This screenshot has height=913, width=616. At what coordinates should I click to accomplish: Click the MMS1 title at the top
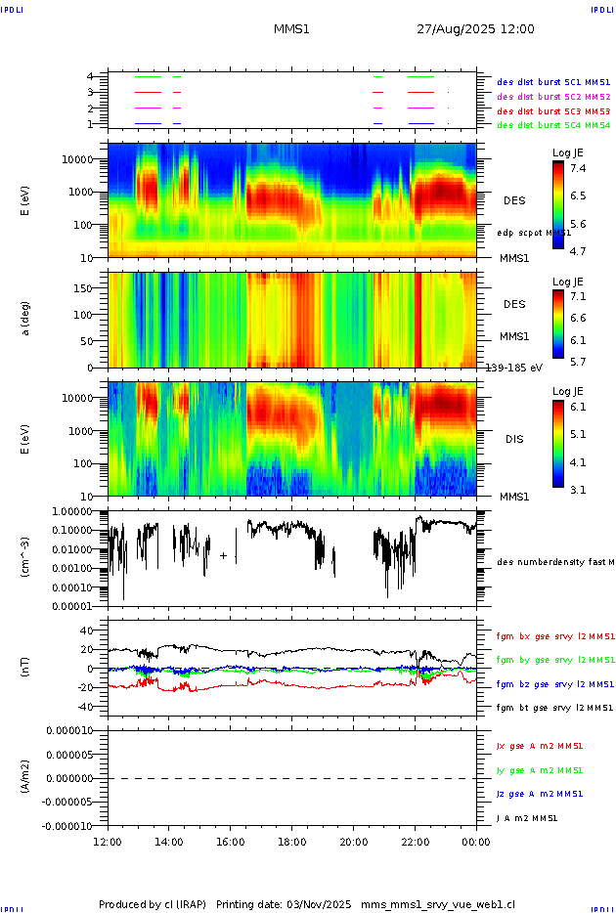(291, 29)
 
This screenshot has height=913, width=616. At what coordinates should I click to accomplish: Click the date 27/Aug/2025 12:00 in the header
(475, 29)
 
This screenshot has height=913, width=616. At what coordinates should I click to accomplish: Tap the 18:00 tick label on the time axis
(291, 841)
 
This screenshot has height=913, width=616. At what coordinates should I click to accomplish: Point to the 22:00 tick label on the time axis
(415, 841)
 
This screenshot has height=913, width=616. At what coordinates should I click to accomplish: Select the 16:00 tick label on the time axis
(230, 841)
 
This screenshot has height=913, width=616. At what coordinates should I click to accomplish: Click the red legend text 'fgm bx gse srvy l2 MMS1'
(555, 636)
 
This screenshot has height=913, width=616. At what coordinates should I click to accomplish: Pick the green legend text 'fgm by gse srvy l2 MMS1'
(555, 660)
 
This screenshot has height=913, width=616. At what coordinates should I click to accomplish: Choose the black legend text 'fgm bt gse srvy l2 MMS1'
(555, 707)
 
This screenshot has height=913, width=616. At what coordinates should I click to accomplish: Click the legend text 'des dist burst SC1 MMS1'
(553, 83)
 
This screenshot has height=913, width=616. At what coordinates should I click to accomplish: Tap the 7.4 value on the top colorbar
(578, 168)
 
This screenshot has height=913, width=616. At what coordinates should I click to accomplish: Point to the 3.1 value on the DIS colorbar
(578, 489)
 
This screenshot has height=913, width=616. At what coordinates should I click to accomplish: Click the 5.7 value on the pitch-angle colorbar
(578, 361)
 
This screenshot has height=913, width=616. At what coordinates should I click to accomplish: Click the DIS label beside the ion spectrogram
(514, 439)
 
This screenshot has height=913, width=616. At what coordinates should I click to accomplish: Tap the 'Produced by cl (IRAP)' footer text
(153, 904)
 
